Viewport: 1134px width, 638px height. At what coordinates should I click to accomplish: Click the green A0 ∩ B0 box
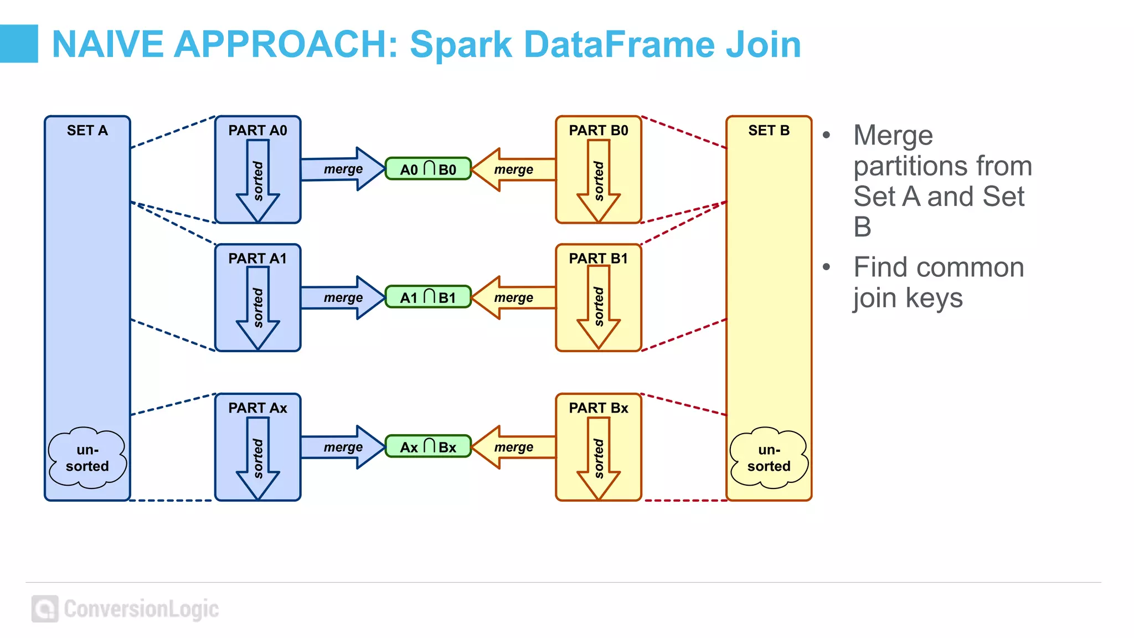pyautogui.click(x=428, y=169)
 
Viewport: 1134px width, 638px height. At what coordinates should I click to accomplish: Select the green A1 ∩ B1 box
pyautogui.click(x=428, y=297)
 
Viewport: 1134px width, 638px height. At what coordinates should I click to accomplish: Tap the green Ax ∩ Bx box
pyautogui.click(x=428, y=446)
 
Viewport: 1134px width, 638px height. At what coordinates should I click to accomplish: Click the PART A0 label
pyautogui.click(x=257, y=131)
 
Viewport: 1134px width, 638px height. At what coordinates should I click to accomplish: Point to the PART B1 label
pyautogui.click(x=598, y=259)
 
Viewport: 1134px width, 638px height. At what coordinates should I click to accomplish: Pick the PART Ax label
pyautogui.click(x=257, y=408)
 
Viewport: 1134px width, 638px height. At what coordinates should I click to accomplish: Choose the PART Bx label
pyautogui.click(x=598, y=408)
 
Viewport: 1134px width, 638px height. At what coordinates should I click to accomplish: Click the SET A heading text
pyautogui.click(x=87, y=131)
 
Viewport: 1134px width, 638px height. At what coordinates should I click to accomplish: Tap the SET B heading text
pyautogui.click(x=769, y=131)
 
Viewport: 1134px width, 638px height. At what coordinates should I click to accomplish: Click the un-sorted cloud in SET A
pyautogui.click(x=87, y=457)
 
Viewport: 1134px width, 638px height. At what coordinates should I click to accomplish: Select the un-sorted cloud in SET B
pyautogui.click(x=769, y=457)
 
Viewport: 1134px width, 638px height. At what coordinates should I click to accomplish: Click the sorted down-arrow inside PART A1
pyautogui.click(x=258, y=307)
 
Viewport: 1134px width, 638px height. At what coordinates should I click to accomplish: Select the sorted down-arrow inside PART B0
pyautogui.click(x=599, y=181)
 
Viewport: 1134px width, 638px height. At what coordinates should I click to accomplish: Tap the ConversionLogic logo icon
pyautogui.click(x=45, y=609)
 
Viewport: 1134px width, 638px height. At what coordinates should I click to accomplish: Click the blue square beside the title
pyautogui.click(x=19, y=43)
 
